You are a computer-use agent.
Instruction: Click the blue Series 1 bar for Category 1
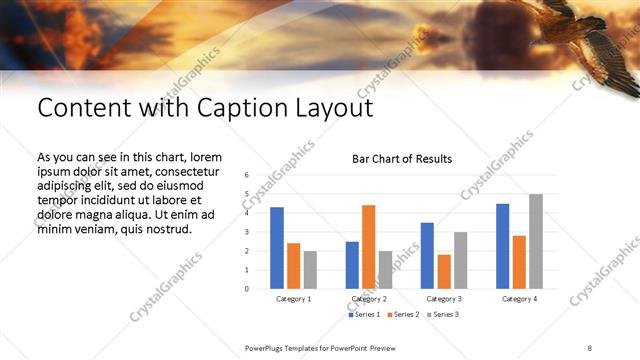[x=277, y=248]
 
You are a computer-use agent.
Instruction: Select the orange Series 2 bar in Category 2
[x=369, y=247]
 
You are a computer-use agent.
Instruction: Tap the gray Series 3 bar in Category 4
[x=536, y=241]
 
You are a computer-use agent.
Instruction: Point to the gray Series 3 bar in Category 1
[x=310, y=270]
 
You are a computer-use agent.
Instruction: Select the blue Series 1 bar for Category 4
[x=502, y=246]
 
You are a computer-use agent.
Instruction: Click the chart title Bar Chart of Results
[x=402, y=159]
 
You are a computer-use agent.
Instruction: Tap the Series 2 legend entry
[x=403, y=315]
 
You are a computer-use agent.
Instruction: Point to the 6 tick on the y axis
[x=246, y=175]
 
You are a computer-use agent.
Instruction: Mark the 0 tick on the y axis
[x=246, y=289]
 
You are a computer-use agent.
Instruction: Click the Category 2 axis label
[x=369, y=299]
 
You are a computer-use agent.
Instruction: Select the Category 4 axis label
[x=519, y=299]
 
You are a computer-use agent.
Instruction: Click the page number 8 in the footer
[x=590, y=346]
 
